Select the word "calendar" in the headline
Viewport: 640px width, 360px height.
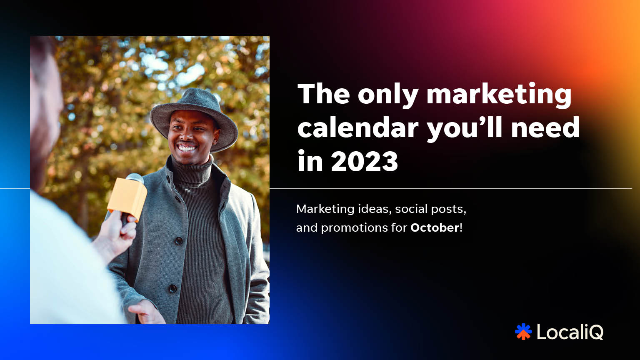point(358,127)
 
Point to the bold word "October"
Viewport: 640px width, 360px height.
point(435,228)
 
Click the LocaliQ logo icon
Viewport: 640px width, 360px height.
point(523,332)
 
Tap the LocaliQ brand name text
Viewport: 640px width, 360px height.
point(570,332)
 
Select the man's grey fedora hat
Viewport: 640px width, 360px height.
point(194,117)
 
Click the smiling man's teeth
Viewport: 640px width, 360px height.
point(187,148)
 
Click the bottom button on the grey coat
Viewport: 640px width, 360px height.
point(172,288)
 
